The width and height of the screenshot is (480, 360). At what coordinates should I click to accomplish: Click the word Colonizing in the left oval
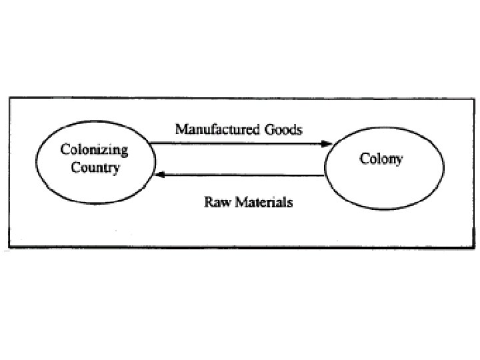[x=94, y=150]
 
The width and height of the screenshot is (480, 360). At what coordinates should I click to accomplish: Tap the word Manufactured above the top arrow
[x=215, y=129]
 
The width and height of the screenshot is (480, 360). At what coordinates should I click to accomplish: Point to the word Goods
[x=282, y=129]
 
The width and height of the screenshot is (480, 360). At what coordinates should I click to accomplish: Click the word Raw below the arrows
[x=215, y=201]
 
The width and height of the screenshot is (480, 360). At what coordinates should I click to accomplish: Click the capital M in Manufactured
[x=181, y=129]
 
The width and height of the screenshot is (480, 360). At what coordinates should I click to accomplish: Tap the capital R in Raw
[x=207, y=201]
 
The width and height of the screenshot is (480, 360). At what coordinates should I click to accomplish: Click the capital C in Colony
[x=364, y=159]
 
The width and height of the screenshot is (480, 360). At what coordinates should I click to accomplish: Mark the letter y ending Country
[x=116, y=169]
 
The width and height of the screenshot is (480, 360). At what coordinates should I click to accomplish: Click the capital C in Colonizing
[x=65, y=150]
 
